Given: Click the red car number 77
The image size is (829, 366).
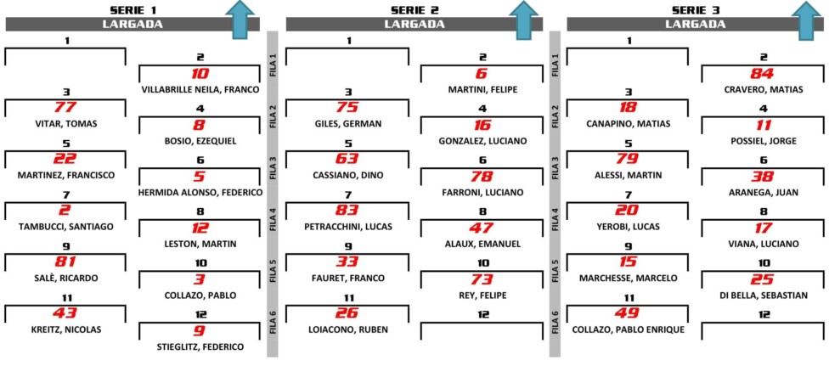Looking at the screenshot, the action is coord(65,108).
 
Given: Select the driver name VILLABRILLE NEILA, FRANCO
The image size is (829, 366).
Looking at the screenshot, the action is coord(200,90).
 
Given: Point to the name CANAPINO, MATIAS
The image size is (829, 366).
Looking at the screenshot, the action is coord(628,124).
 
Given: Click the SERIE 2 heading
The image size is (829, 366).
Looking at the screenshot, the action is coord(414,9).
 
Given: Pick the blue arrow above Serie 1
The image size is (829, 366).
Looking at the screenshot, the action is coord(240,19).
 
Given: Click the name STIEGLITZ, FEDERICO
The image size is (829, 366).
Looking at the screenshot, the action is coord(200,347).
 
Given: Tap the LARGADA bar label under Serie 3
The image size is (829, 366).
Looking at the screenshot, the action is coord(696,24).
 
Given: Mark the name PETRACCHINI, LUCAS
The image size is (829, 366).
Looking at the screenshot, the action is coord(348,227).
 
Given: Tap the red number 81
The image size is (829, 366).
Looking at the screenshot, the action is coord(65,262).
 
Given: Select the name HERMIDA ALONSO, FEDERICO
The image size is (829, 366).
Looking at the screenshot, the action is coord(200,193).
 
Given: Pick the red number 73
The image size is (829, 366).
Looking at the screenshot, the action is coord(482,279).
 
